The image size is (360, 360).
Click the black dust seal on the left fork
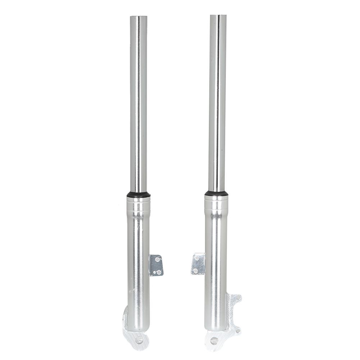(138, 195)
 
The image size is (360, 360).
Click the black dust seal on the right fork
(217, 193)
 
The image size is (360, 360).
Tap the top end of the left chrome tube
(138, 17)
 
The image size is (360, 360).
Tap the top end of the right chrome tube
(218, 16)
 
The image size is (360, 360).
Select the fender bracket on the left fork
(156, 265)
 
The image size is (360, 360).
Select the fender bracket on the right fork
(198, 264)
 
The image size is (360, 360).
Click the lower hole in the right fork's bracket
(195, 270)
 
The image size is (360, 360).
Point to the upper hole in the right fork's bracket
(197, 258)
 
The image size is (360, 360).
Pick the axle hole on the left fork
(139, 339)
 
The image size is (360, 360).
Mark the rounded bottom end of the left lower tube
(139, 328)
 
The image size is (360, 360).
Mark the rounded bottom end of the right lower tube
(215, 328)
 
